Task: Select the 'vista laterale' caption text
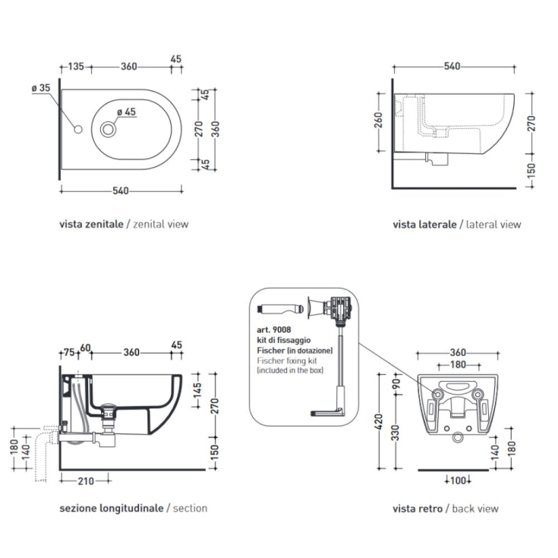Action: click(424, 224)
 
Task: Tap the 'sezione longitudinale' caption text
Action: click(111, 508)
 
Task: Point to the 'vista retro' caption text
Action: click(418, 508)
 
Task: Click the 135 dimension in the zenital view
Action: click(76, 67)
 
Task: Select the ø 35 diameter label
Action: click(41, 89)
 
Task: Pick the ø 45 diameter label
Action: click(126, 112)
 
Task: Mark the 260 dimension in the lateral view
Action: click(378, 121)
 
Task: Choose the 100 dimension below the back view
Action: click(456, 480)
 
